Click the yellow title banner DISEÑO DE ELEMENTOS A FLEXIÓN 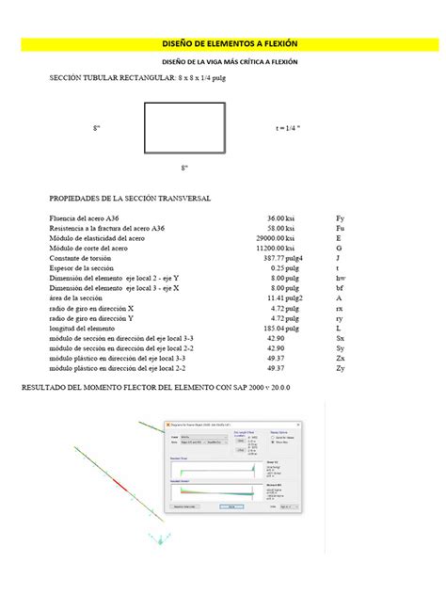[222, 43]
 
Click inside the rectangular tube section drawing [185, 127]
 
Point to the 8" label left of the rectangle [97, 128]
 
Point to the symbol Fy [341, 217]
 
